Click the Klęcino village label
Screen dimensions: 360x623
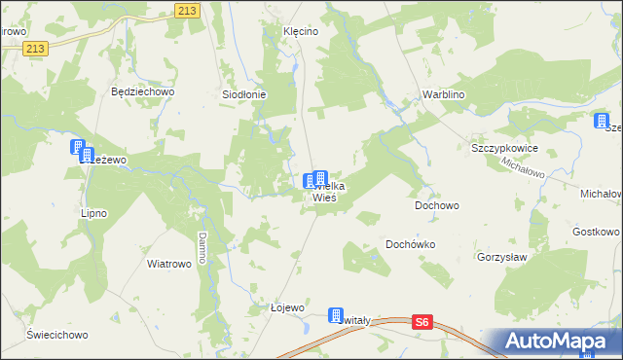click(x=301, y=31)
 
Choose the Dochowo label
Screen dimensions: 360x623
click(x=436, y=205)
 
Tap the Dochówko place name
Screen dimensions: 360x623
click(x=410, y=244)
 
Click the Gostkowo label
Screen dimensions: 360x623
click(x=596, y=232)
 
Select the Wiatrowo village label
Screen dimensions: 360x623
click(x=167, y=263)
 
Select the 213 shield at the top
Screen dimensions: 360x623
click(x=189, y=10)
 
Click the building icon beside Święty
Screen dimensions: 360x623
click(x=336, y=317)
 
